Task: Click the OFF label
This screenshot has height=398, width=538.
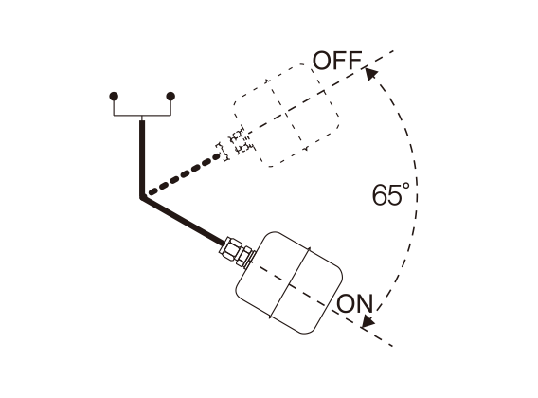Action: click(337, 61)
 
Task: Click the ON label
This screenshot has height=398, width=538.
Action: click(355, 303)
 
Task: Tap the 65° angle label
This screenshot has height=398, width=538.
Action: click(391, 194)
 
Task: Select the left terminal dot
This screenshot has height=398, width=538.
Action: click(114, 96)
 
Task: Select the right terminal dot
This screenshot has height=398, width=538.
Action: click(170, 96)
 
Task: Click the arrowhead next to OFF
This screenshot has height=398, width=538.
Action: click(370, 74)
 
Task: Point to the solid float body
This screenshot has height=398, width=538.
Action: click(289, 282)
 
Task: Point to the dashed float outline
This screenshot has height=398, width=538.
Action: click(286, 116)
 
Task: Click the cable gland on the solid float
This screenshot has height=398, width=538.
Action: click(237, 252)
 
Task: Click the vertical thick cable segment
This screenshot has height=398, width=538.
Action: click(142, 158)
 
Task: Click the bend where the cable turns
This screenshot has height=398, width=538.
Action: click(142, 197)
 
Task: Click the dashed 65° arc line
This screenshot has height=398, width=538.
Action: click(417, 192)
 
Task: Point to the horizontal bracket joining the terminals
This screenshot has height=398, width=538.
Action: click(142, 116)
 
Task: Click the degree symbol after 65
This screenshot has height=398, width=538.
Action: click(406, 187)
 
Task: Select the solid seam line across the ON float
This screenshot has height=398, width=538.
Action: click(290, 282)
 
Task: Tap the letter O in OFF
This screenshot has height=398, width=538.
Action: click(322, 61)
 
